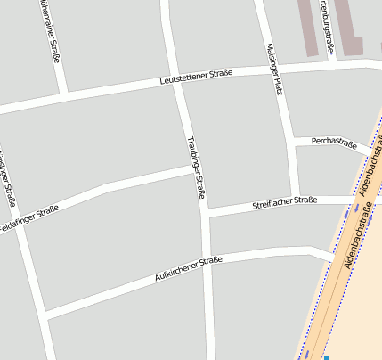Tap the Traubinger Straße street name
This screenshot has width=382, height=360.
pyautogui.click(x=197, y=168)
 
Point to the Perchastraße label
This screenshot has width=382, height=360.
pyautogui.click(x=334, y=143)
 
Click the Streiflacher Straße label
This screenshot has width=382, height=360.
pyautogui.click(x=285, y=201)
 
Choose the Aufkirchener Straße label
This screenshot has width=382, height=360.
pyautogui.click(x=187, y=268)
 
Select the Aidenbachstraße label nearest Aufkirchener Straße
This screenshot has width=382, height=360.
pyautogui.click(x=356, y=236)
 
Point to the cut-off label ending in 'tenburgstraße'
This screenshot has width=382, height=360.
pyautogui.click(x=327, y=25)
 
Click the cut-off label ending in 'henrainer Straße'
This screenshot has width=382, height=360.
pyautogui.click(x=50, y=31)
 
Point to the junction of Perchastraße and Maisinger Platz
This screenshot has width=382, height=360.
pyautogui.click(x=293, y=140)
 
